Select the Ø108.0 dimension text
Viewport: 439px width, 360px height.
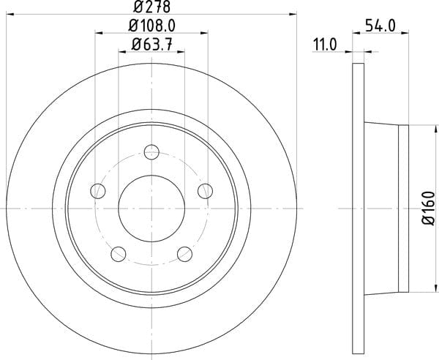tap(151, 26)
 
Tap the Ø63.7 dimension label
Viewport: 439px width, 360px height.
tap(151, 45)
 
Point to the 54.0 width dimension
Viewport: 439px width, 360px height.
tap(380, 26)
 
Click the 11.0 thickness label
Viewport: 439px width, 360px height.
tap(325, 45)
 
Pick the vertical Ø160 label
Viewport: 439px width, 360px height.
tap(428, 209)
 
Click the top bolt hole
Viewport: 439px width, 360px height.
tap(151, 152)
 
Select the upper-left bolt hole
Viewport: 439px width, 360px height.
tap(98, 191)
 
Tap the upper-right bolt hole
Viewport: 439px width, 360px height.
tap(205, 191)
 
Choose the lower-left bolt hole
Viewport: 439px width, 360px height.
tap(119, 254)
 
